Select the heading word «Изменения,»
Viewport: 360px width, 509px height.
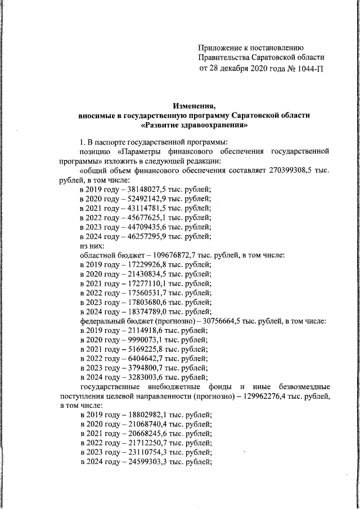195,105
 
